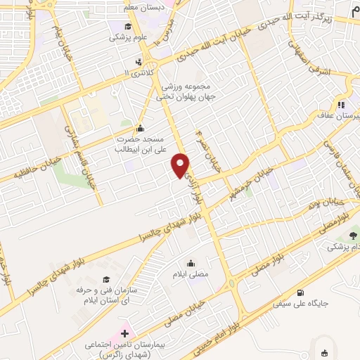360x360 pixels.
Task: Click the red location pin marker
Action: click(181, 165)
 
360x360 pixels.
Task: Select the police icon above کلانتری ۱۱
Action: click(139, 61)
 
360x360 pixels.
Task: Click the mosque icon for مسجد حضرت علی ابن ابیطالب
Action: click(140, 128)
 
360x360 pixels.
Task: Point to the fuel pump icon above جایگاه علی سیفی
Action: click(302, 292)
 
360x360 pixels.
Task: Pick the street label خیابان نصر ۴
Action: click(205, 150)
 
